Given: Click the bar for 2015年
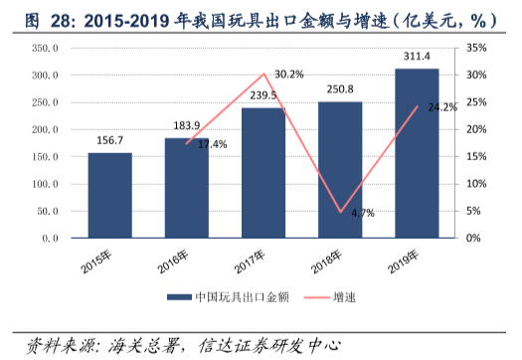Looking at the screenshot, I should click(109, 195).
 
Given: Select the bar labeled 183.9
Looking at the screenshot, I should click(186, 188).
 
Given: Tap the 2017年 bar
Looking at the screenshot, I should click(262, 173).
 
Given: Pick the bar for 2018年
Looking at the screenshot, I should click(340, 170).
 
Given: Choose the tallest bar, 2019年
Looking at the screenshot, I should click(417, 153).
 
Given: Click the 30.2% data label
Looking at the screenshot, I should click(288, 75).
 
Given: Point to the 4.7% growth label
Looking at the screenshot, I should click(362, 213).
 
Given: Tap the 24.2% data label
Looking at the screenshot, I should click(440, 107).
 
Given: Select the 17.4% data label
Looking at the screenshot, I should click(212, 144).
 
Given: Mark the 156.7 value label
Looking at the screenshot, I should click(109, 142).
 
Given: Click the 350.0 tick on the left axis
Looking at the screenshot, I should click(46, 48).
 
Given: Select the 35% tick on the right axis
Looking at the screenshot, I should click(475, 48).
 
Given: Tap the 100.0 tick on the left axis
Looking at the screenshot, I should click(46, 184).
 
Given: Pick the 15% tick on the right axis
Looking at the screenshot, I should click(475, 157).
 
